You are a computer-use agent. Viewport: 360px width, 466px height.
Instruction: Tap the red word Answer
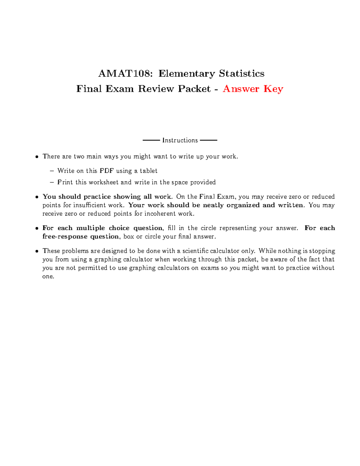241,89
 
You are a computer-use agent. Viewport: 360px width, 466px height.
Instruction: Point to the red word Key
273,89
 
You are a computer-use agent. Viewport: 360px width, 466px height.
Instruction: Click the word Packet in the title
194,89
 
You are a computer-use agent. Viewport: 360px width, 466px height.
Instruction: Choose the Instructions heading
180,140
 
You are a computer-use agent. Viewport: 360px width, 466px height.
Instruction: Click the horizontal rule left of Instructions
151,140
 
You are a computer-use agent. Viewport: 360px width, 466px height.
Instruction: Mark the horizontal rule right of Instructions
208,140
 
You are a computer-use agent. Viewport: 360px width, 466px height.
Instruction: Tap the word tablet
148,171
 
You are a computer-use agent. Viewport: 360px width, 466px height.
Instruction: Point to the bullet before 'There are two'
37,157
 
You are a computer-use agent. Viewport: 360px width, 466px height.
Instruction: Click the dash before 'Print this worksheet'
52,182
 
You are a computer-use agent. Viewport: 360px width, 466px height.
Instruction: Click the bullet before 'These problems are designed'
37,251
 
